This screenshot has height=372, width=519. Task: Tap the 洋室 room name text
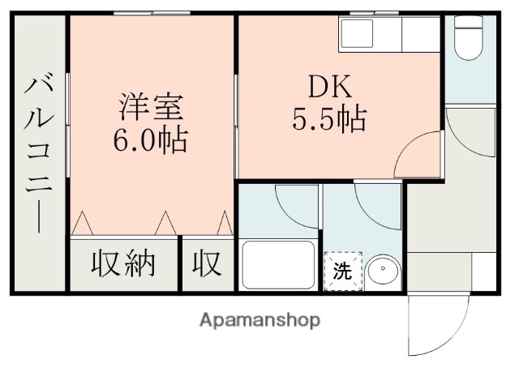[x=152, y=107]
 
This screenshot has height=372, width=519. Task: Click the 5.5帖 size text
[x=328, y=120]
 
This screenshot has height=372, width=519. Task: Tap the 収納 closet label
[x=122, y=264]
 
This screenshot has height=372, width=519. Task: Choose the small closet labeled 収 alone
[x=207, y=264]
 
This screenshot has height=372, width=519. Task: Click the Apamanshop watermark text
[x=259, y=319]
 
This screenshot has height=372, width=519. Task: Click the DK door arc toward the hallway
[x=422, y=154]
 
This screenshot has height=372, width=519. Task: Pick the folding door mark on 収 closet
[x=223, y=220]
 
